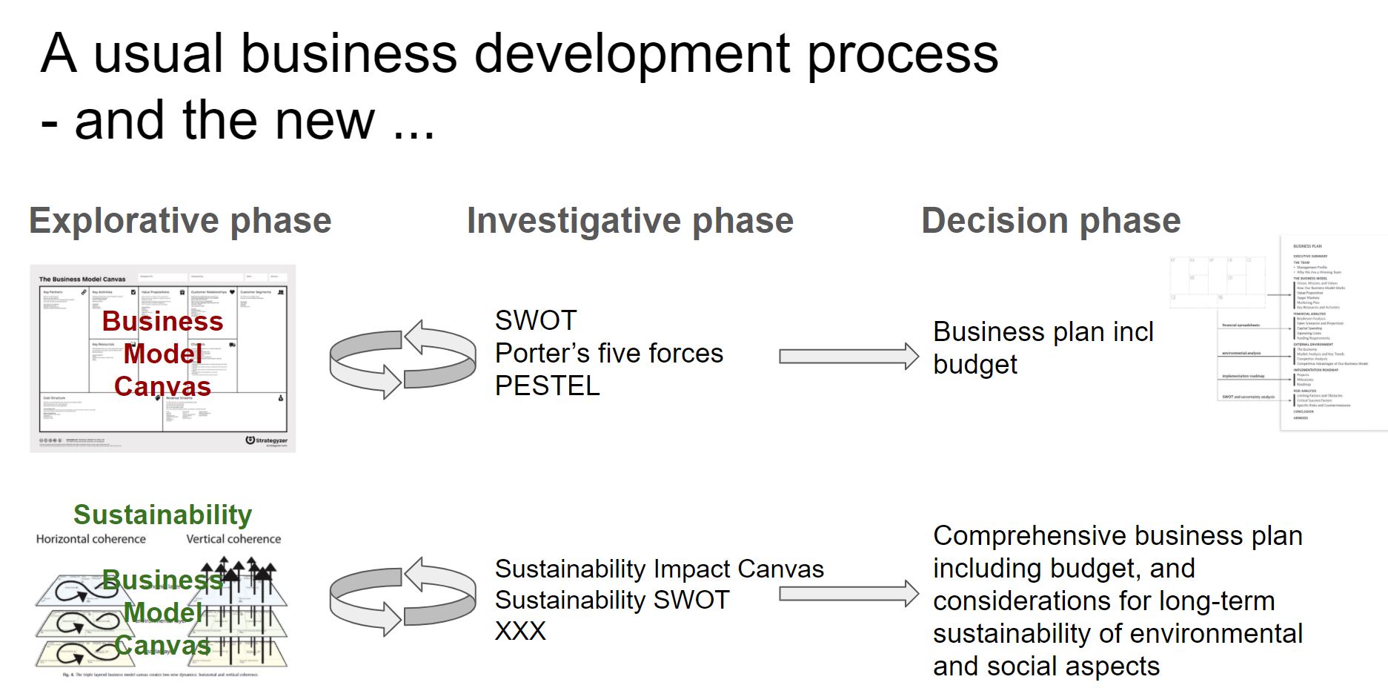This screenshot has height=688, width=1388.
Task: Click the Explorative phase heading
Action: coord(180,221)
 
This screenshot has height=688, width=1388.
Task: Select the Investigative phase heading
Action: coord(630,221)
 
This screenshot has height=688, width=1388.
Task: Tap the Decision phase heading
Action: coord(1051,221)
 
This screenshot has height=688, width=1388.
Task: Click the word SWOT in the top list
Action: coord(535,321)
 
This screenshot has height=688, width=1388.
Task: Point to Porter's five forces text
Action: coord(608,354)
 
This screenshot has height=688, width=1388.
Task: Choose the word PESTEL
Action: coord(547,386)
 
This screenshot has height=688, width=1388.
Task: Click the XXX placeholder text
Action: coord(520,631)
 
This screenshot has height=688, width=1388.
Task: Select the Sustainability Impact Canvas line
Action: coord(659,569)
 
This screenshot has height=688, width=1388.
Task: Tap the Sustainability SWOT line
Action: coord(612,600)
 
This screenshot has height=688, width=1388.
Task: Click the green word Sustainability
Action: coord(162,515)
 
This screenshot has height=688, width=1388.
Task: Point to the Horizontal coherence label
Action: coord(91,539)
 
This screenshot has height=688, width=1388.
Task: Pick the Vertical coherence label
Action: coord(233,539)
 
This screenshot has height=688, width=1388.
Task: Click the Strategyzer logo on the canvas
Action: coord(266,440)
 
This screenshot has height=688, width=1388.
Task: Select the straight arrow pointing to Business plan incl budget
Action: coord(848,357)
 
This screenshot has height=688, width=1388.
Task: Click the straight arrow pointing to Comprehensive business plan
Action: coord(848,594)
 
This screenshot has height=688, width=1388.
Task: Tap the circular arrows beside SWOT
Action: coord(402,360)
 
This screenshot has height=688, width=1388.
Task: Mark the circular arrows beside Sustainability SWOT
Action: coord(402,597)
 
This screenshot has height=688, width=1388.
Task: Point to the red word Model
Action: coord(162,354)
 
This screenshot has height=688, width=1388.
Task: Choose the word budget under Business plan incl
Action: coord(974,365)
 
